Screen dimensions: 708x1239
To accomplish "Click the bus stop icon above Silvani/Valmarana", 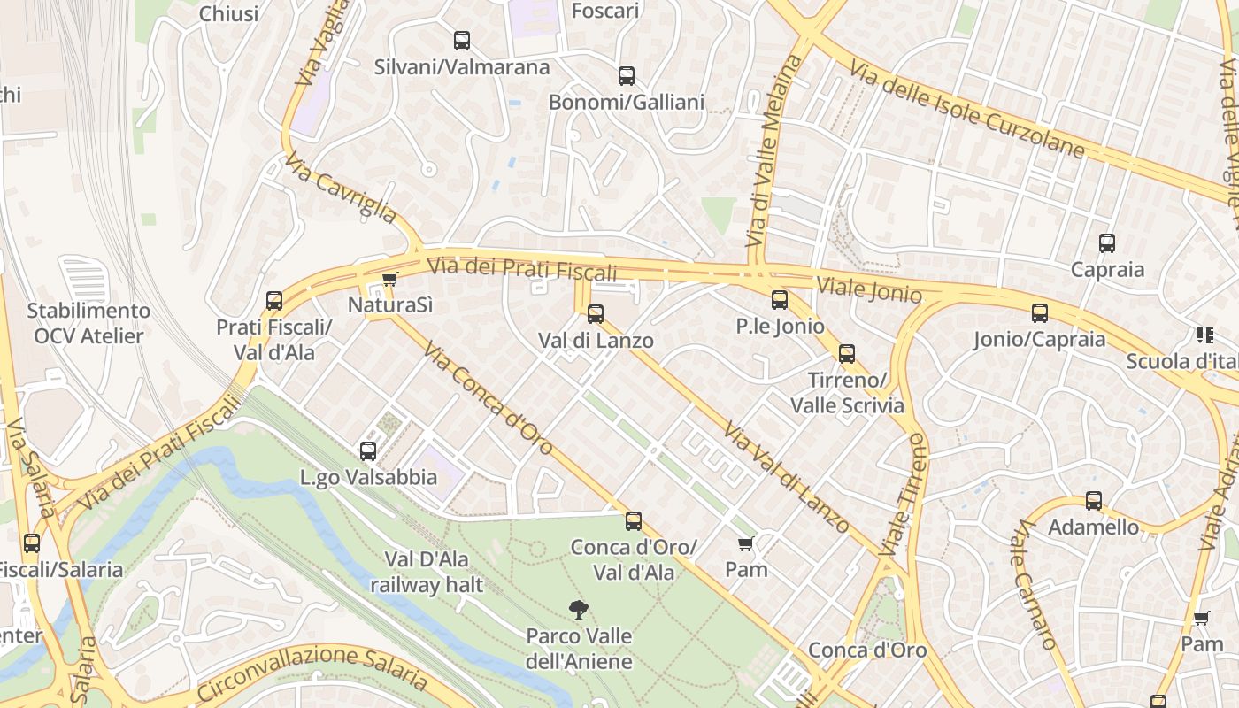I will point(462,40).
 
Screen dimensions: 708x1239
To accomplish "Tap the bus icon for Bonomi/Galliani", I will point(627,75).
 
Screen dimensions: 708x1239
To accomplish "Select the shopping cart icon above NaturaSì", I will point(389,280).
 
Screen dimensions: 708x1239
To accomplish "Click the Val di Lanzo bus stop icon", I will point(596,313).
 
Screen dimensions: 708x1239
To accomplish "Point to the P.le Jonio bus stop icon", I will point(780,300).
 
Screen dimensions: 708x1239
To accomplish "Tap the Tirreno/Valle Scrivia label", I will point(847,393).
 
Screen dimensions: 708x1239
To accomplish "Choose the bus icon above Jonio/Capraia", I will point(1040,312).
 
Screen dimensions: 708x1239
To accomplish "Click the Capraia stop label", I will point(1107,270).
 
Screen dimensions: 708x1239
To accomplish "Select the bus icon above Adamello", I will point(1094,501).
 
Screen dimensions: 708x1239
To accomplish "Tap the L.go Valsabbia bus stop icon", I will point(368,451).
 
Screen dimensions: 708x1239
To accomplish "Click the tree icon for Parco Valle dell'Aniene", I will point(579,609).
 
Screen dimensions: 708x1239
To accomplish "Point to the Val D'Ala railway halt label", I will point(427,572).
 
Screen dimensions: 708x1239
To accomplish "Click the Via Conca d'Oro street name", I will point(489,400).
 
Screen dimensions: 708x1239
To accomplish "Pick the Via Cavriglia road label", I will point(341,188).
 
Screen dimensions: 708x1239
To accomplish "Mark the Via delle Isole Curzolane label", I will point(966,110).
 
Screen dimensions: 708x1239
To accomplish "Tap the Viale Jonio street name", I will point(869,290).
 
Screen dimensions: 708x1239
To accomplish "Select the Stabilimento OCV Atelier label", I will point(88,323).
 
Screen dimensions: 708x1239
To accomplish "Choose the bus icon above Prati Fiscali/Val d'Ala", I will point(274,301).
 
